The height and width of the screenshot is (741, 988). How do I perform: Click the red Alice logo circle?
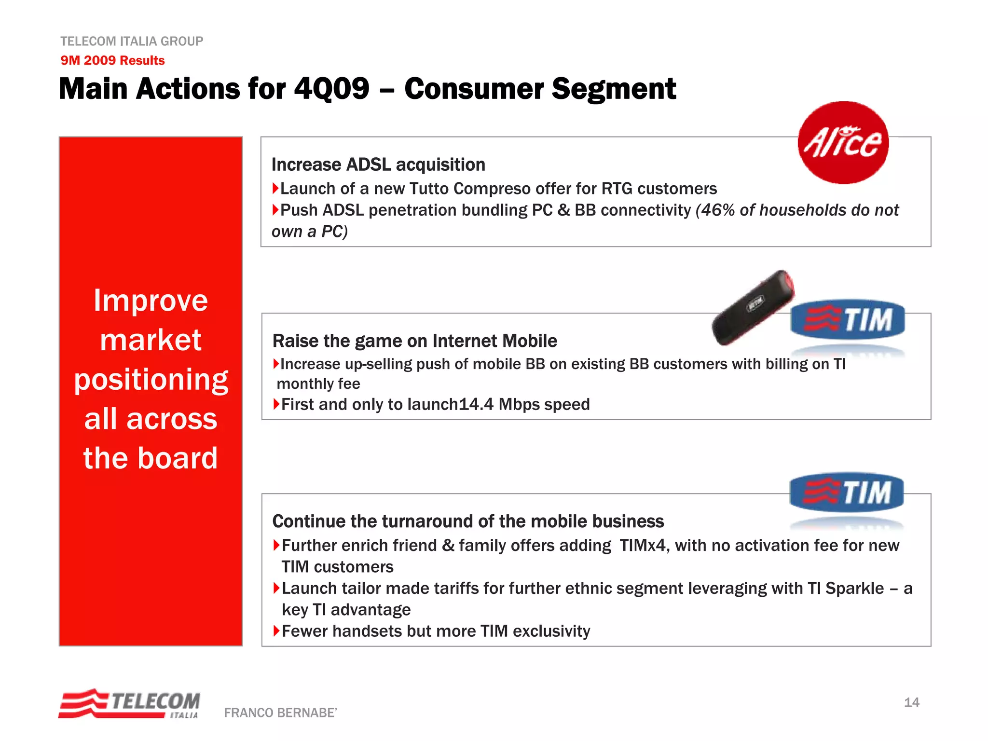pos(843,143)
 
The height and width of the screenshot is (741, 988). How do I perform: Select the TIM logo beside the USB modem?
pos(848,319)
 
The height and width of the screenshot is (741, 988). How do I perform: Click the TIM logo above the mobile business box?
pos(847,492)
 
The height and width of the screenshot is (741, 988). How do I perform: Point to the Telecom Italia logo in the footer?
pos(129,704)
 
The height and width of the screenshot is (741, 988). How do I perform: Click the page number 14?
pos(911,702)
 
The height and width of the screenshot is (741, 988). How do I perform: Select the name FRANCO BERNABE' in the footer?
pos(280,713)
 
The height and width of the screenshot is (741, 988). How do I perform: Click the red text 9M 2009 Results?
pos(112,60)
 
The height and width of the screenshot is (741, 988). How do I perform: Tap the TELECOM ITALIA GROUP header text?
pos(132,41)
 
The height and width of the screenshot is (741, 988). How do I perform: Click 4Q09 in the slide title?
pos(331,89)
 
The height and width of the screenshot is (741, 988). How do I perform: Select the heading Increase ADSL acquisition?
pos(378,165)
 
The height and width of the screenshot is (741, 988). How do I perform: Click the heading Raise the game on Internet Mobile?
pos(414,341)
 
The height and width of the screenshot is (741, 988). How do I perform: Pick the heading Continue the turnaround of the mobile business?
pos(468,521)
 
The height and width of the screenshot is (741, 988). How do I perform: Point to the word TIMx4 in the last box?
pos(642,546)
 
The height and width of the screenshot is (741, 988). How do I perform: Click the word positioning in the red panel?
pos(151,380)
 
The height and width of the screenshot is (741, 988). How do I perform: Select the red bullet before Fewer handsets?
pos(276,631)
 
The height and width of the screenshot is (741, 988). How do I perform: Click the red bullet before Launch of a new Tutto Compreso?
pos(275,188)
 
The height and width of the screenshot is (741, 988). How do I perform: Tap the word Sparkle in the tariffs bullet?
pos(854,589)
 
